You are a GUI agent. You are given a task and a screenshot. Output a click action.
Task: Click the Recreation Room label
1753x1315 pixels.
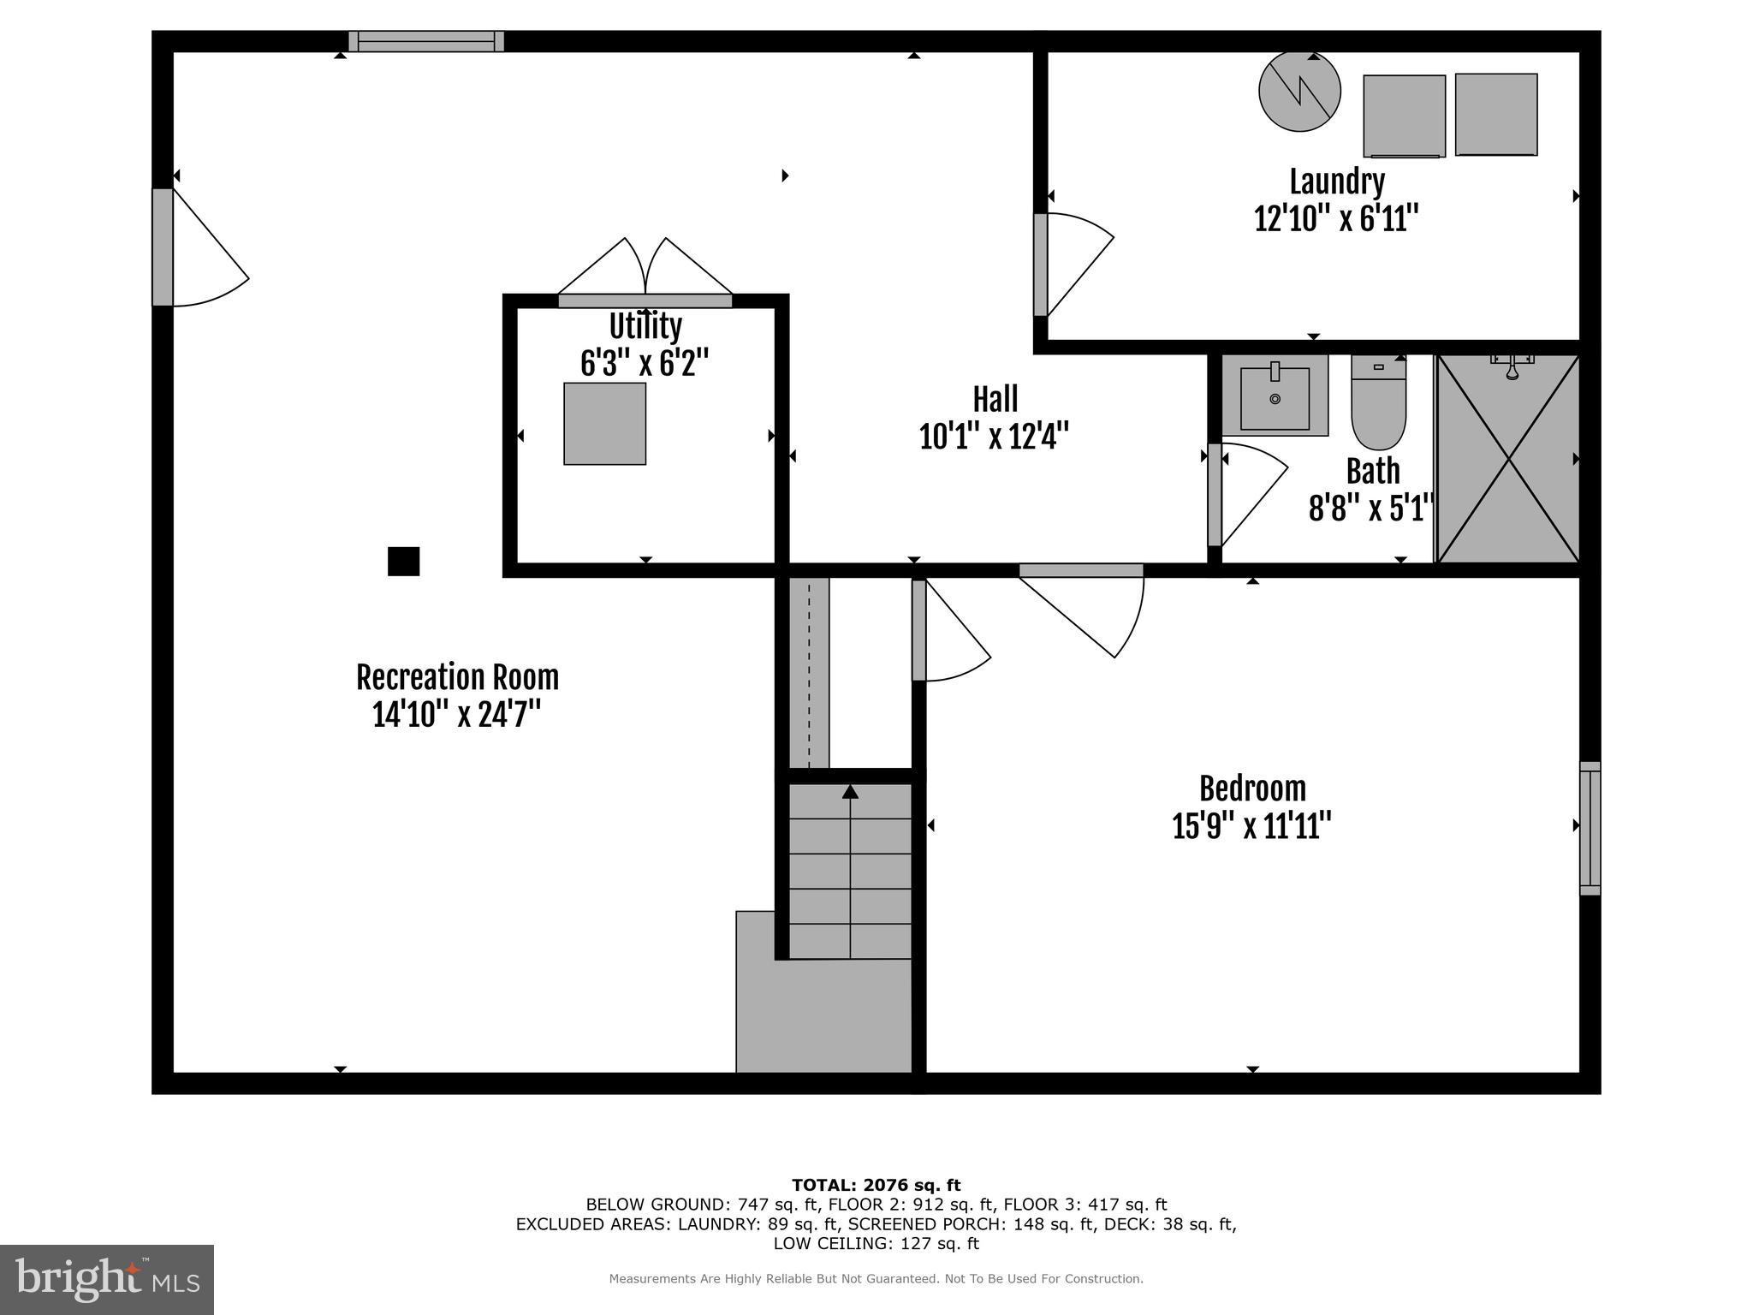click(457, 677)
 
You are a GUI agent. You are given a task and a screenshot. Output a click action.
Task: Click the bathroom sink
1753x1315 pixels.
click(1275, 397)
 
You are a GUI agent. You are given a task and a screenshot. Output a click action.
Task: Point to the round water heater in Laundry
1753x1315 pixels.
click(1299, 92)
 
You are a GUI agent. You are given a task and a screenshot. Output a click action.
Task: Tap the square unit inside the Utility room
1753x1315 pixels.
click(604, 424)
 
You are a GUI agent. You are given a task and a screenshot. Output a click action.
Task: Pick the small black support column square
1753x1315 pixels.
click(403, 562)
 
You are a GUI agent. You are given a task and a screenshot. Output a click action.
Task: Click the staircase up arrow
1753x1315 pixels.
click(850, 792)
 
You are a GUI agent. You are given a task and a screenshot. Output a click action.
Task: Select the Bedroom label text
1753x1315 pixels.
click(1252, 788)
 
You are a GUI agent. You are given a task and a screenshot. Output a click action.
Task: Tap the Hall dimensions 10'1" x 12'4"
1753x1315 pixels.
click(994, 437)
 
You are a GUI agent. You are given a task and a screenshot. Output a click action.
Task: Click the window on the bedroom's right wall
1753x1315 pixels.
click(1590, 828)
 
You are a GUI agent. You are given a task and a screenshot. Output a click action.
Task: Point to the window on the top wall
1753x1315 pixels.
click(426, 41)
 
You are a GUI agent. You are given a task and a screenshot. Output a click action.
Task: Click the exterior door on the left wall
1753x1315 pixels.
click(163, 247)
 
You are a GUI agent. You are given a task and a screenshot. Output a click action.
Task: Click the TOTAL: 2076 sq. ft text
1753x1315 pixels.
click(876, 1185)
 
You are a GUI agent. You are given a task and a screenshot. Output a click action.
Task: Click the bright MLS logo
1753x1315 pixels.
click(107, 1279)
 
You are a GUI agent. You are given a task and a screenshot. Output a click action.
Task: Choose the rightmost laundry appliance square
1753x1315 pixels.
click(1495, 115)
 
